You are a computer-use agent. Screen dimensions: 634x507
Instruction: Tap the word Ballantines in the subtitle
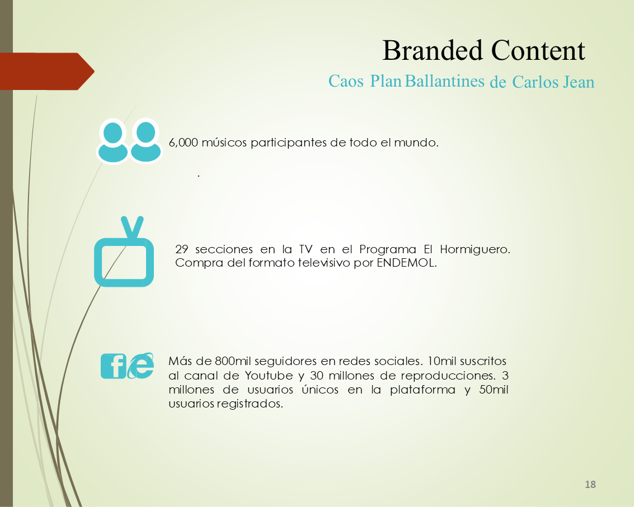tap(445, 81)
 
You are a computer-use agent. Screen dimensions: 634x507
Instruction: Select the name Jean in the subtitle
tap(579, 82)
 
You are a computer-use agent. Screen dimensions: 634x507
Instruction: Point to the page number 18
tap(590, 485)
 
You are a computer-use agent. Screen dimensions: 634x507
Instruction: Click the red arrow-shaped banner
tap(46, 71)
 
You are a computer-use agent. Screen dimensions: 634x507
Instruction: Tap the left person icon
tap(113, 141)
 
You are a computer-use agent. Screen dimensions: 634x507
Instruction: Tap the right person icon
tap(145, 141)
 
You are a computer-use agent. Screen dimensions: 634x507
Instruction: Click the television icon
tap(124, 252)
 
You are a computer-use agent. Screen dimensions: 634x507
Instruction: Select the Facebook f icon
tap(114, 366)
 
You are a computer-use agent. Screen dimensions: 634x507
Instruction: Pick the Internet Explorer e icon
tap(141, 366)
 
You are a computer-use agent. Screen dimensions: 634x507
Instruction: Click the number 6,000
tap(183, 143)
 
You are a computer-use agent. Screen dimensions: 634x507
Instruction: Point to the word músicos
tap(224, 143)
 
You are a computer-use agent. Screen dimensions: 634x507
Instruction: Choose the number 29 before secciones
tap(181, 249)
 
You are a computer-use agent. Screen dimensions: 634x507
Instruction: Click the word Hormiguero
tap(475, 250)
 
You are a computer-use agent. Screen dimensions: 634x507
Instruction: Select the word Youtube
tap(269, 376)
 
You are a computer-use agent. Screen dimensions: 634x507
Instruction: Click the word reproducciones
tap(448, 376)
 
